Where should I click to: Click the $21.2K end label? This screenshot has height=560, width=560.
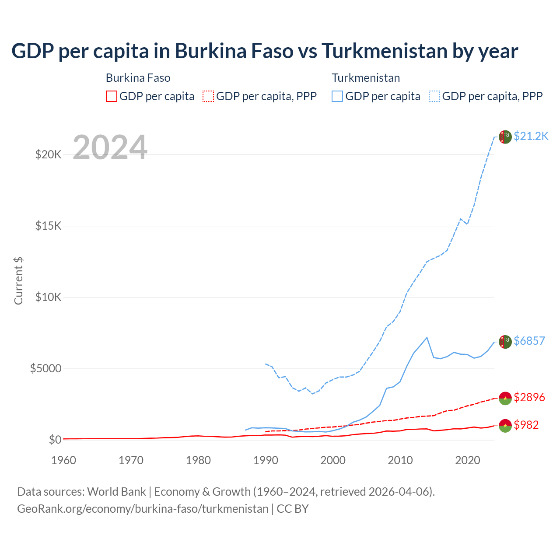point(531,136)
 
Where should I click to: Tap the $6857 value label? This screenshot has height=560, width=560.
point(529,341)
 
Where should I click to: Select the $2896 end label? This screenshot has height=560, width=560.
point(529,397)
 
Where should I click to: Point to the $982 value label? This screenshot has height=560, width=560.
point(526,425)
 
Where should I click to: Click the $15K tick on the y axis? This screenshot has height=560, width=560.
point(48,226)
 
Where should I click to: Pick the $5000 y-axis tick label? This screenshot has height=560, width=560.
point(45,368)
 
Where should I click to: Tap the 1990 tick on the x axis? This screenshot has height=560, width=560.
point(266,460)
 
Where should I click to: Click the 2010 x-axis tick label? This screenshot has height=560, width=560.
point(400,460)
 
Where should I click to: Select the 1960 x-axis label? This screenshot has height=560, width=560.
point(64,460)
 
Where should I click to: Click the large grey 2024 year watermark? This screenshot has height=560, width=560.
point(110,147)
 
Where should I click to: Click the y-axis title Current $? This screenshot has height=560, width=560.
point(18,281)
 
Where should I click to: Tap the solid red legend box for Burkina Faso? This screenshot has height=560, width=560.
point(112,96)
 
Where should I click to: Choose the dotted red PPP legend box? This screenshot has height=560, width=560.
point(208,96)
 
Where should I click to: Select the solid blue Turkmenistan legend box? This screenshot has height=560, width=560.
point(337,96)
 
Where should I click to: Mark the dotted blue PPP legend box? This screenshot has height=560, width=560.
point(434,96)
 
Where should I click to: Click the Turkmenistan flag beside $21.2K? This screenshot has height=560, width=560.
point(505,137)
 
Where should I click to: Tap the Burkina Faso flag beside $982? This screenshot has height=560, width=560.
point(505,425)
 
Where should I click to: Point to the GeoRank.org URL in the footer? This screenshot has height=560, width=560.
point(143,509)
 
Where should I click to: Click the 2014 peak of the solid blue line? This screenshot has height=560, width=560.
point(427,337)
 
